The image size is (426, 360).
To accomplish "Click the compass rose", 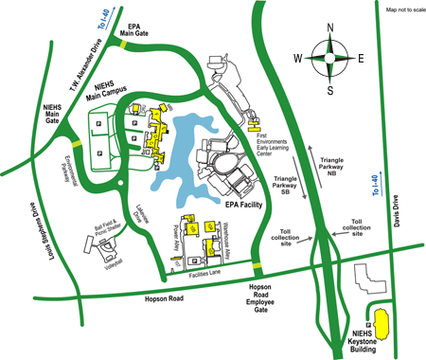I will pyautogui.click(x=329, y=59).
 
